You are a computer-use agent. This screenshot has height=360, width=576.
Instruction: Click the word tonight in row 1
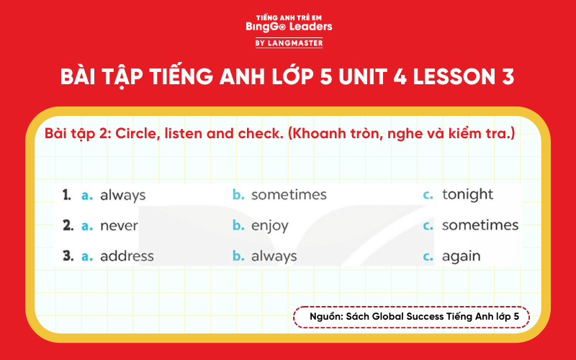[467, 194]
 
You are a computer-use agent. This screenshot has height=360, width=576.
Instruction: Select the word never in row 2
[119, 225]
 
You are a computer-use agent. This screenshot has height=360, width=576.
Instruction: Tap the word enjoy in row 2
[269, 226]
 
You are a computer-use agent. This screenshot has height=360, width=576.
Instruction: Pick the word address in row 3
[127, 256]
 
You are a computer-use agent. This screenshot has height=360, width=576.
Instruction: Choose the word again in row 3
[461, 256]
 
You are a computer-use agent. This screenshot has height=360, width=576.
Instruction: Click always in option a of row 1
[122, 195]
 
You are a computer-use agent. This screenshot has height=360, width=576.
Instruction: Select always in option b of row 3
[274, 256]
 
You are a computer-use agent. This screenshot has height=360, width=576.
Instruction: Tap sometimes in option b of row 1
[289, 194]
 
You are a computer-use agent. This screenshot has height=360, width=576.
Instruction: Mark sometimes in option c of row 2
[480, 225]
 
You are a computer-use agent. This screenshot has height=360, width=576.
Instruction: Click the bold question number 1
[66, 194]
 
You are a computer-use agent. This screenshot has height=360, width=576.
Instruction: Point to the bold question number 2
[67, 225]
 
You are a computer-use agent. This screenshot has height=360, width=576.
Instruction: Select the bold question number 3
[67, 256]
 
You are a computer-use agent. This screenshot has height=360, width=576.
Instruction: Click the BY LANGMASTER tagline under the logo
[288, 43]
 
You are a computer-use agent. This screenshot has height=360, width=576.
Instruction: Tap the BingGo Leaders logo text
[288, 27]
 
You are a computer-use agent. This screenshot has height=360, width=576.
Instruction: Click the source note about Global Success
[411, 317]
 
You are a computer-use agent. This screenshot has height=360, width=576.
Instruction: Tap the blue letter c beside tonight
[428, 195]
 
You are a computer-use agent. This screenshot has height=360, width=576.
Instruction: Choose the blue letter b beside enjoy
[238, 226]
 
